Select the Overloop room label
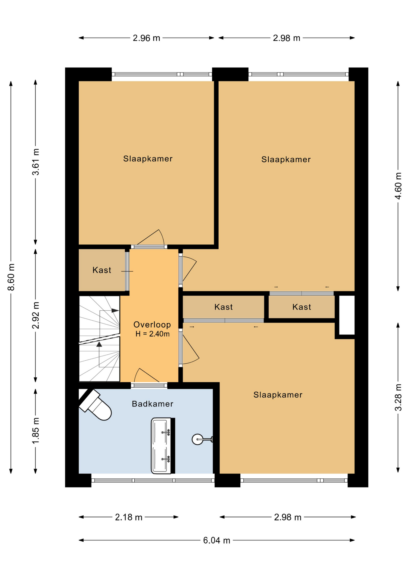pos(152,325)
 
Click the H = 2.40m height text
pos(152,334)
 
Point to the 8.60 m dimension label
pos(11,277)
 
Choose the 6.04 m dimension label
pos(217,540)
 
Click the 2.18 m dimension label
pos(129,517)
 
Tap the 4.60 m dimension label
pos(398,186)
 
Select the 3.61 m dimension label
pos(36,162)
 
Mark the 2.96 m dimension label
pos(146,38)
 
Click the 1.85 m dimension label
pos(36,431)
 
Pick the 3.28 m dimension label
pos(398,397)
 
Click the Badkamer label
pos(153,404)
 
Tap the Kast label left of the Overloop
pos(102,270)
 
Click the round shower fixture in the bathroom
pos(198,440)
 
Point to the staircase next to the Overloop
pos(99,339)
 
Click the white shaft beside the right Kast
pos(347,315)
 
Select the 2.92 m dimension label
pos(36,315)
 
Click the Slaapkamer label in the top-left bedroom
pos(148,159)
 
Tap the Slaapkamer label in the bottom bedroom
pos(278,395)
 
